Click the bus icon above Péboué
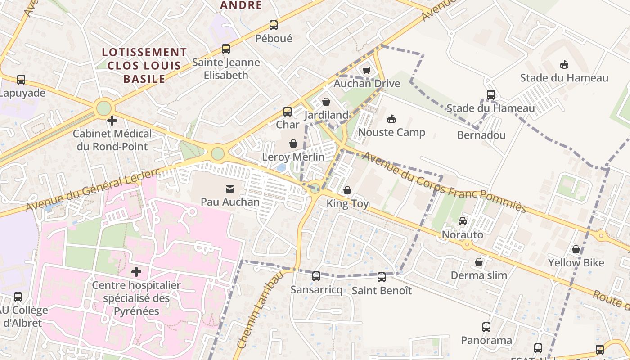pyautogui.click(x=274, y=25)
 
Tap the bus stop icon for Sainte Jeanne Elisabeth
pyautogui.click(x=226, y=49)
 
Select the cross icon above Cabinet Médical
pyautogui.click(x=112, y=121)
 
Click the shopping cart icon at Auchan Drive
pyautogui.click(x=366, y=70)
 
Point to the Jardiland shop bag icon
pyautogui.click(x=326, y=102)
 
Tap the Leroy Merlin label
pyautogui.click(x=293, y=157)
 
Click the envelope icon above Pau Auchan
pyautogui.click(x=230, y=189)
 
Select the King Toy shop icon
pyautogui.click(x=347, y=191)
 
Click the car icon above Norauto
pyautogui.click(x=462, y=221)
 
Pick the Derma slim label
pyautogui.click(x=479, y=275)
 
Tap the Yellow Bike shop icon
pyautogui.click(x=576, y=249)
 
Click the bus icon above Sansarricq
pyautogui.click(x=316, y=276)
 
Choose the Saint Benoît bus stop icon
pyautogui.click(x=382, y=277)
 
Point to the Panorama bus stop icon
pyautogui.click(x=486, y=327)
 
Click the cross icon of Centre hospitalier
pyautogui.click(x=136, y=272)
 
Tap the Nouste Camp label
pyautogui.click(x=391, y=132)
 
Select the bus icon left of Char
pyautogui.click(x=287, y=112)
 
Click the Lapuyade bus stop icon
pyautogui.click(x=21, y=80)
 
